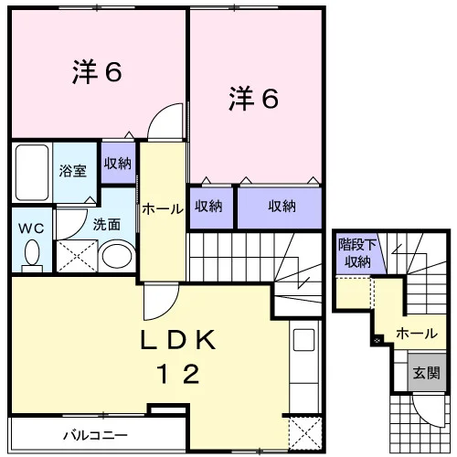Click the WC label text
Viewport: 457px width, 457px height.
click(31, 228)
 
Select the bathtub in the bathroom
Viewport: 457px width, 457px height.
click(32, 173)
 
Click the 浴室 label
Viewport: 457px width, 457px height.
click(73, 171)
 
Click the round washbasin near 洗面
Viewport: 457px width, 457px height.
click(117, 255)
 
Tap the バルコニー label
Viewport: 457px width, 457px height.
click(95, 436)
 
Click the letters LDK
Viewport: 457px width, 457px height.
click(178, 340)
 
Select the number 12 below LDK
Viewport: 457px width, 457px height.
click(178, 374)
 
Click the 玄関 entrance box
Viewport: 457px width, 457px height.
click(427, 372)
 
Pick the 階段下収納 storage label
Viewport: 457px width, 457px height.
click(357, 253)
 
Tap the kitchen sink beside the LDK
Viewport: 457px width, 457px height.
click(303, 340)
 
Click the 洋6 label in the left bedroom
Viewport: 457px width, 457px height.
click(97, 72)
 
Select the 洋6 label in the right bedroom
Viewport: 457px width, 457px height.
click(253, 98)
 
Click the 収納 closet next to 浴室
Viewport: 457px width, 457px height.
click(118, 164)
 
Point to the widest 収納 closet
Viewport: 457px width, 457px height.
click(280, 207)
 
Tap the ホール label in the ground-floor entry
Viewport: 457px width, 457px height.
click(417, 334)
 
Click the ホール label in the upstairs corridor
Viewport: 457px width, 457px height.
click(163, 209)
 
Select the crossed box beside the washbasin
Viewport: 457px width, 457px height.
click(77, 256)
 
